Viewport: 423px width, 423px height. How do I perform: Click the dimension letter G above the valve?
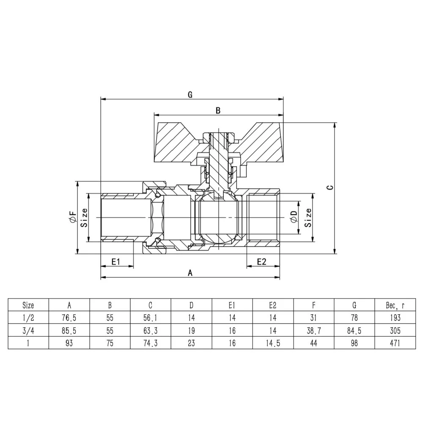coord(190,95)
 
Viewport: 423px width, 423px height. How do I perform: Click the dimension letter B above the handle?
coord(218,110)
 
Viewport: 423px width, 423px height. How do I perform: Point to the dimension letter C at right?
coord(330,187)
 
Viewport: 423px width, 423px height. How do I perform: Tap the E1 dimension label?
coord(115,261)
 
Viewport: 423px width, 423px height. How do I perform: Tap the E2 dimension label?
coord(261,261)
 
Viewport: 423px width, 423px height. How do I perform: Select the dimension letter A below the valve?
coord(190,273)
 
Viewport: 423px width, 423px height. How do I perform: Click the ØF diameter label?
coord(73,217)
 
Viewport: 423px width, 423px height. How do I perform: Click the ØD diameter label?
coord(294,217)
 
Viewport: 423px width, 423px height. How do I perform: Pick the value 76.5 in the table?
coord(69,318)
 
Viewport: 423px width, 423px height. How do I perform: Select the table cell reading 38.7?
coord(314,330)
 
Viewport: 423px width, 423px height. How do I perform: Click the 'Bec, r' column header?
coord(395,305)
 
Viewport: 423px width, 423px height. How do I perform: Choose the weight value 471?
coord(395,343)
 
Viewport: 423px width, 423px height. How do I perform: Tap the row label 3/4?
coord(28,330)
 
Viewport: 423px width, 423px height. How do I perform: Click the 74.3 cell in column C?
coord(151,343)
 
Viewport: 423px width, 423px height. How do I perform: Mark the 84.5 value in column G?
coord(354,330)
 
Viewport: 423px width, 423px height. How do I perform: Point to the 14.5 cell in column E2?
coord(273,343)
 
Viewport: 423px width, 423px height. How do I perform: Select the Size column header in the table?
coord(28,305)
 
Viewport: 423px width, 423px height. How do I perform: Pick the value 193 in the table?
coord(395,318)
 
